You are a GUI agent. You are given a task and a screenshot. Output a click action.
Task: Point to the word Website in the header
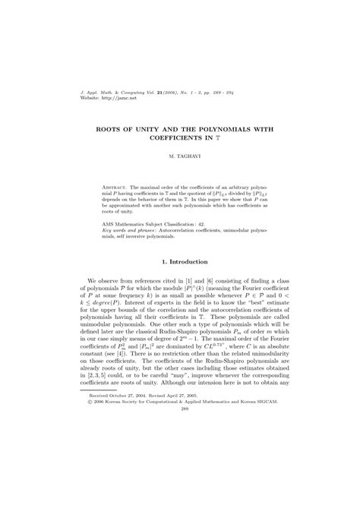tap(90, 99)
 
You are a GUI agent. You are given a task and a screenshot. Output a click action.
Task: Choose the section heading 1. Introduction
tap(180, 261)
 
